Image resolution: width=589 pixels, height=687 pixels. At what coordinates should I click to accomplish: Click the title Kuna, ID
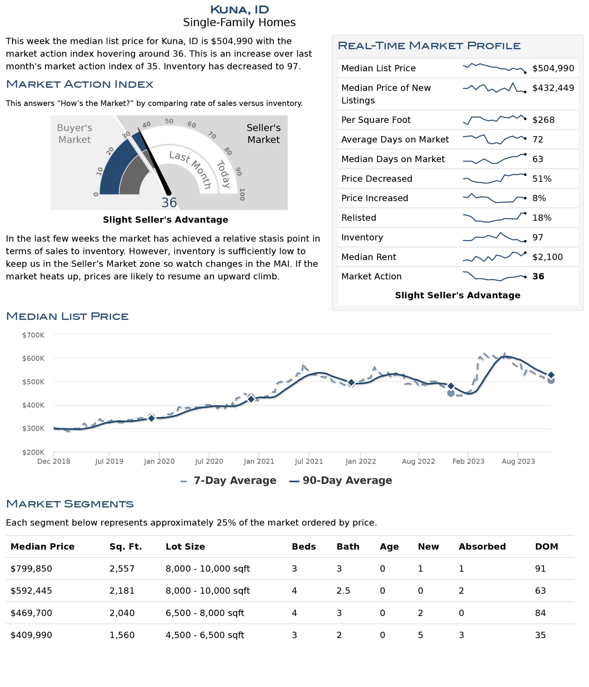coord(239,10)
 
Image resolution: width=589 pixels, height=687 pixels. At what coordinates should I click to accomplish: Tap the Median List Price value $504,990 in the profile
coord(553,68)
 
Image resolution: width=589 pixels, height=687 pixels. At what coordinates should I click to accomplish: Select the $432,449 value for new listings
coord(553,88)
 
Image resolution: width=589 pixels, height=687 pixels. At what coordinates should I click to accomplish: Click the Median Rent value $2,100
coord(547,257)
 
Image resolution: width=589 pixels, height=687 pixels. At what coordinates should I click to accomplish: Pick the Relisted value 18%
coord(542,218)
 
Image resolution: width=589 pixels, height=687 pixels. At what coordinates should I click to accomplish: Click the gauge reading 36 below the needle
coord(169,203)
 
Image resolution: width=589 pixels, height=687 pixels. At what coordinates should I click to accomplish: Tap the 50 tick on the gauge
coord(169,121)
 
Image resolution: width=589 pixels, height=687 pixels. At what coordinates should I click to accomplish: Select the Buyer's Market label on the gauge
coord(75,134)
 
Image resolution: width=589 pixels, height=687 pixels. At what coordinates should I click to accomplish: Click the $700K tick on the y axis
coord(33,335)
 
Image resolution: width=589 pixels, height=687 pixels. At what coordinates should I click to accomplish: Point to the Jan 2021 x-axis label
coord(259,461)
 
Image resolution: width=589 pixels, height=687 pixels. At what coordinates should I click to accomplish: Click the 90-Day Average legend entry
coord(340,480)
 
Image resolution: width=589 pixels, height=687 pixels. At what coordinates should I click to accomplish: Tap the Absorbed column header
coord(482,546)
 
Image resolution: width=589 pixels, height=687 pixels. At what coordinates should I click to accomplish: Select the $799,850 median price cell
coord(31,569)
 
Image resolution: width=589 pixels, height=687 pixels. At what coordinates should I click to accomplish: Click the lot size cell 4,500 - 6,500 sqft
coord(205,635)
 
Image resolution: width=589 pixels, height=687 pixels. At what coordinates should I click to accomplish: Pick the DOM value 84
coord(540,613)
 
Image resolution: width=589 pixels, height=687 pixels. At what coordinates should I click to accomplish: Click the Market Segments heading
coord(70,504)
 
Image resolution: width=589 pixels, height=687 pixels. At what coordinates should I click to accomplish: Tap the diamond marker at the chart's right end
coord(551,375)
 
